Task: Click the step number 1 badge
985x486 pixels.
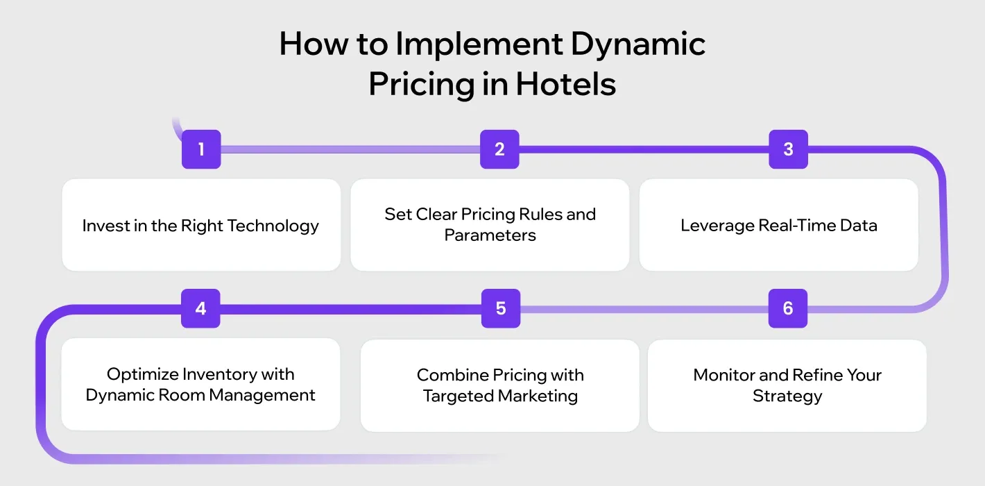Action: (x=201, y=149)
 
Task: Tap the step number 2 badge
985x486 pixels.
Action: (x=499, y=149)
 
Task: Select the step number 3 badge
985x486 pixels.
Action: (x=788, y=149)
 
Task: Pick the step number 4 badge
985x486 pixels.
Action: (x=200, y=308)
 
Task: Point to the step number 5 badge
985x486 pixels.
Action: (x=501, y=308)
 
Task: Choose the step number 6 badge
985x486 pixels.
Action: (x=788, y=308)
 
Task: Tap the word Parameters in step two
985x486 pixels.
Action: (x=490, y=235)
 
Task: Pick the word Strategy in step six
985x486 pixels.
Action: (x=787, y=396)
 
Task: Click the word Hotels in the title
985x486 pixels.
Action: (x=565, y=84)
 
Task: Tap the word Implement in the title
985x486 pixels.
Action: (x=478, y=44)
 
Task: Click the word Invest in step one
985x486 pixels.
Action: (x=101, y=226)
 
